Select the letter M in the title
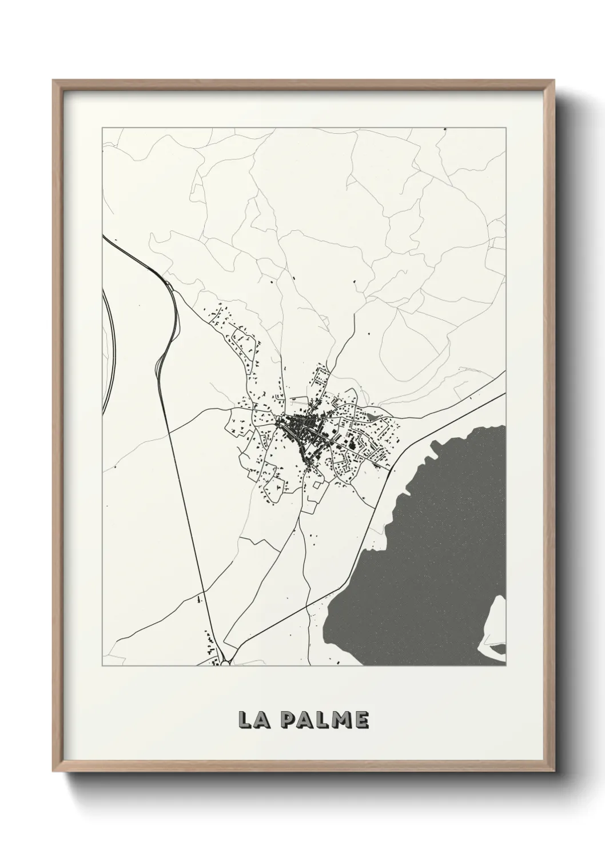341,720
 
